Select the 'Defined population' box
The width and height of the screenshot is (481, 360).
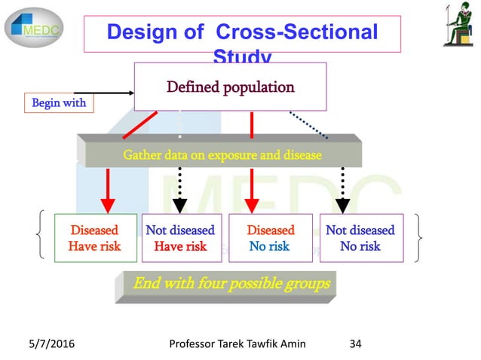pyautogui.click(x=230, y=87)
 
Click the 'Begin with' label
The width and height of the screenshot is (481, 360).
pyautogui.click(x=59, y=102)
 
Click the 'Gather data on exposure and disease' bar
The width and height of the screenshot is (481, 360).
pyautogui.click(x=223, y=155)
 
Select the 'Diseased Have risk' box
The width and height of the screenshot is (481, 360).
pyautogui.click(x=95, y=238)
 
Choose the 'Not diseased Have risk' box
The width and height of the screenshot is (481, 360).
pyautogui.click(x=179, y=238)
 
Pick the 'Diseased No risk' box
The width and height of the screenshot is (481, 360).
pyautogui.click(x=269, y=238)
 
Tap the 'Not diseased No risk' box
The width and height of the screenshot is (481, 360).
pyautogui.click(x=360, y=238)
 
